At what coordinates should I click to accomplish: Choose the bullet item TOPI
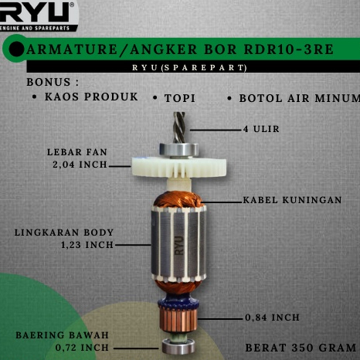tap(185, 99)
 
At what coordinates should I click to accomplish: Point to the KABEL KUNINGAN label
tap(292, 199)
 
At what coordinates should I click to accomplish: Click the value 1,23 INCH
tap(87, 245)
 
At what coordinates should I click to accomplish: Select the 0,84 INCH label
tap(272, 318)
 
